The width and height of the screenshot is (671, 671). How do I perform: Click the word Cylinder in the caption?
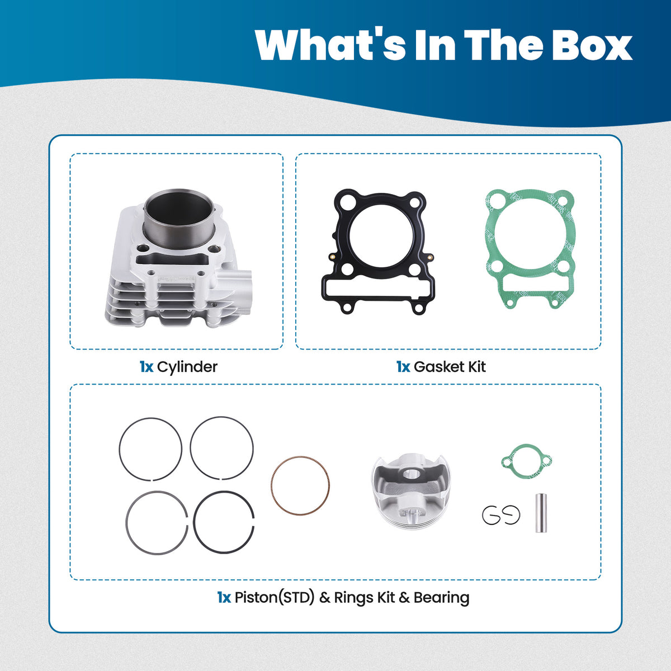187,367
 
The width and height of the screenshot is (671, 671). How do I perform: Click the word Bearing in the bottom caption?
441,598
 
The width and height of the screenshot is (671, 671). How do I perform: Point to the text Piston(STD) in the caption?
275,598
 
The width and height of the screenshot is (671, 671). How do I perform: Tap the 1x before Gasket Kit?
403,367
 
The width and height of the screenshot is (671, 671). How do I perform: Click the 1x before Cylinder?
147,367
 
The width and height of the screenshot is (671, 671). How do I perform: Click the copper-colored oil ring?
272,485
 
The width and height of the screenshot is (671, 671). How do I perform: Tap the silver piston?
411,491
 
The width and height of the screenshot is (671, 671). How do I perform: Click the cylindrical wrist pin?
541,513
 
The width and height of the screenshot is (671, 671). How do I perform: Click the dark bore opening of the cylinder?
179,216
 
